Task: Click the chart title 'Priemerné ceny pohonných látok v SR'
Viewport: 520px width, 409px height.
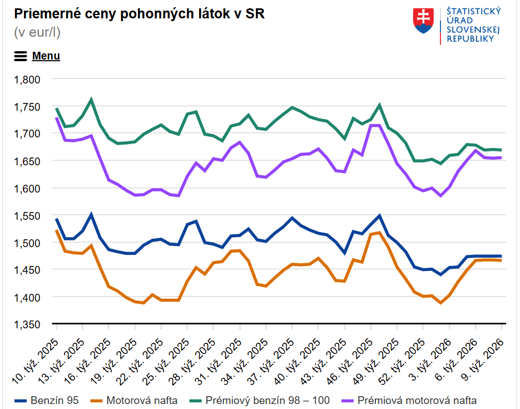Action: [x=139, y=14]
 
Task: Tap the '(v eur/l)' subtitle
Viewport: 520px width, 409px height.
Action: [x=37, y=32]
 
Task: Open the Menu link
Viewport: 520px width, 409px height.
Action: [x=46, y=56]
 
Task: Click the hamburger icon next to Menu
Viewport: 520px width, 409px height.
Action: [x=21, y=56]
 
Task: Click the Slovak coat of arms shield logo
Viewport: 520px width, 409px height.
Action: [x=423, y=20]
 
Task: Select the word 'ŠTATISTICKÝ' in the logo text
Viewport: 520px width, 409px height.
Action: [x=474, y=11]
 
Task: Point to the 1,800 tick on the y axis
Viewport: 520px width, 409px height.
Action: [x=28, y=80]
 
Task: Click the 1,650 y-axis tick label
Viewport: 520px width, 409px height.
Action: [x=28, y=161]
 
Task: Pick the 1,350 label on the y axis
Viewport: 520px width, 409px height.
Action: [x=28, y=324]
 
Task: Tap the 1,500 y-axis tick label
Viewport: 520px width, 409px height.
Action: [x=28, y=243]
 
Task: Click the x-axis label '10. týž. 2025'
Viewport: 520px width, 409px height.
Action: [x=36, y=362]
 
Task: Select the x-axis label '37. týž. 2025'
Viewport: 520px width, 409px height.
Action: [x=272, y=362]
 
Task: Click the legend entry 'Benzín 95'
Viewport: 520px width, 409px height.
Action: [x=47, y=400]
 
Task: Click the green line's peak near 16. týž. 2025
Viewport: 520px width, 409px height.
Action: [x=91, y=100]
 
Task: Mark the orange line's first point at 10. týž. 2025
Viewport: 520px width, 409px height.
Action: [x=57, y=230]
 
